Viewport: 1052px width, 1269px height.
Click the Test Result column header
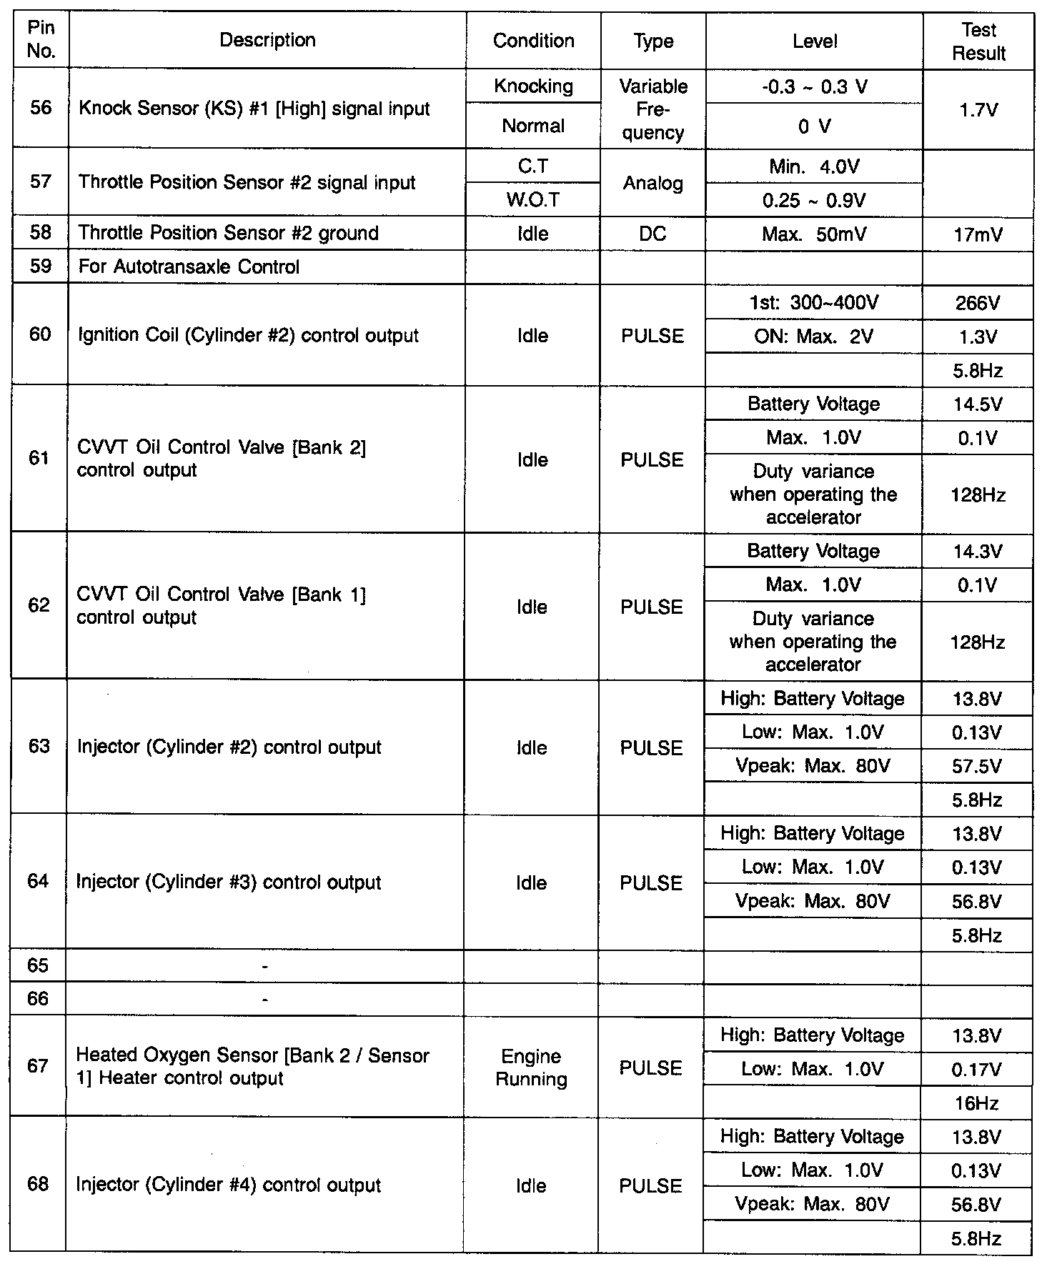[x=978, y=41]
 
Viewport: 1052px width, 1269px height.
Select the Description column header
[x=267, y=40]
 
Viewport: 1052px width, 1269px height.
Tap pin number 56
[x=41, y=108]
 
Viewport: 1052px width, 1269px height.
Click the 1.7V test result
[x=978, y=110]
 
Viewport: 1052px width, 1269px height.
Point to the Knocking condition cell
[x=533, y=86]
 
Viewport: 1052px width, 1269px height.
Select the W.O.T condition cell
[x=533, y=200]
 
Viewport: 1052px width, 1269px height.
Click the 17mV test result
[x=978, y=234]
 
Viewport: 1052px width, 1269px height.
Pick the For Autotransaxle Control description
[x=189, y=267]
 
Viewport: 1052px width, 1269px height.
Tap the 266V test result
[x=978, y=303]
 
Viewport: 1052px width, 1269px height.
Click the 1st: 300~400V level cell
[x=814, y=303]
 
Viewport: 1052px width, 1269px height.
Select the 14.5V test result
[x=978, y=404]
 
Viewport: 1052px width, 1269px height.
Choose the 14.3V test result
[x=978, y=552]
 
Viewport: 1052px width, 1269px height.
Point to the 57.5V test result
[x=977, y=767]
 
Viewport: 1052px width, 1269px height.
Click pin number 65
[x=38, y=966]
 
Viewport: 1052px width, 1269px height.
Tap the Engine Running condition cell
[x=531, y=1068]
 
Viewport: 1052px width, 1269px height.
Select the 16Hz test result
[x=976, y=1103]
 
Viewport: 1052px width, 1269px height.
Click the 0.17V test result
[x=977, y=1070]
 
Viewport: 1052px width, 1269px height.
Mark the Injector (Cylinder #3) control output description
[x=229, y=882]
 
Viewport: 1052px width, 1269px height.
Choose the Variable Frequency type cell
[x=653, y=109]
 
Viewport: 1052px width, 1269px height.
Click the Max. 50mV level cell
[x=814, y=234]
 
